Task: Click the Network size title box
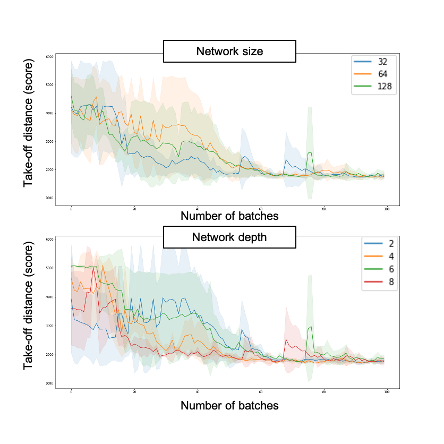tap(229, 52)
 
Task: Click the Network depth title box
tap(229, 237)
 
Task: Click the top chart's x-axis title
tap(229, 216)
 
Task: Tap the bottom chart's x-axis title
tap(229, 405)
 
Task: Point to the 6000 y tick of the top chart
tap(49, 57)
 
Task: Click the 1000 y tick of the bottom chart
tap(49, 383)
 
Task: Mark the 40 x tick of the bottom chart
tap(198, 391)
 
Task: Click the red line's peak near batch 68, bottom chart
tap(286, 339)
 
